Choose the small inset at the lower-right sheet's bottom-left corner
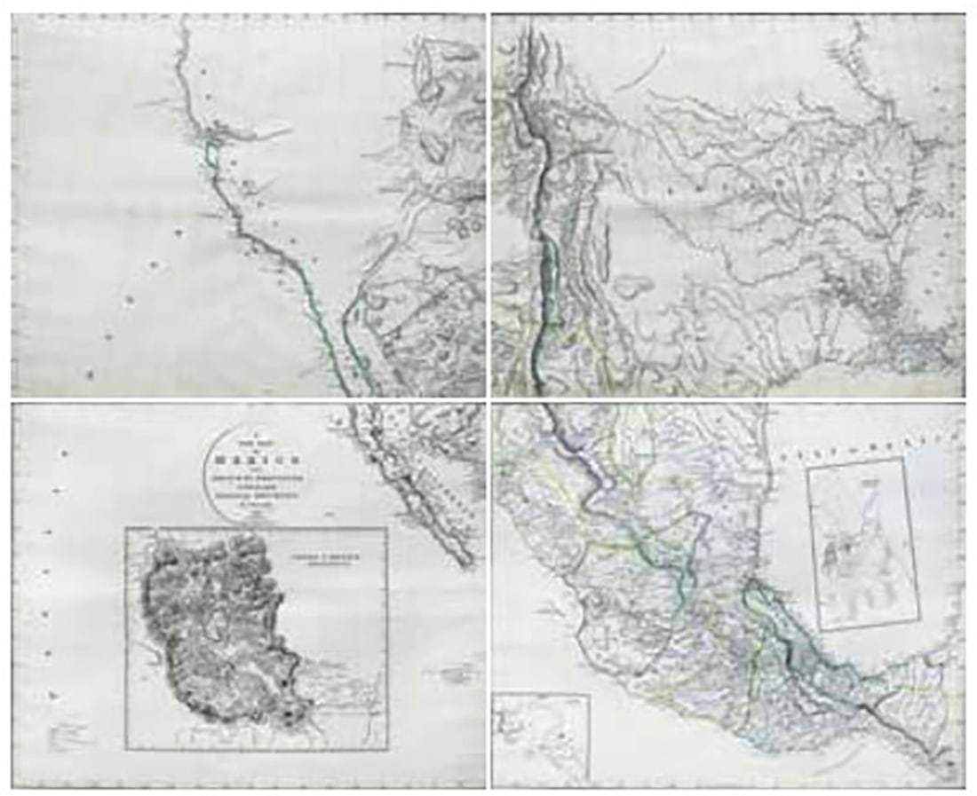click(541, 737)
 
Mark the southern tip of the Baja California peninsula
click(470, 563)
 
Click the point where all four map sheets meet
click(488, 399)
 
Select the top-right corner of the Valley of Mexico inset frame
click(387, 528)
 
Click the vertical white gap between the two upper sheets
click(488, 204)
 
